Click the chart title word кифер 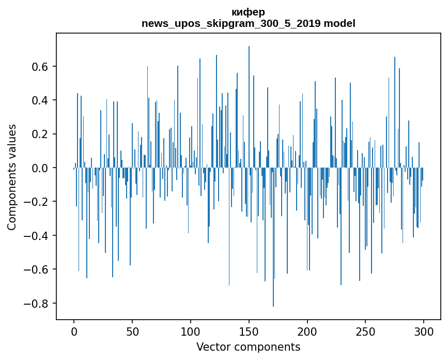tap(248, 12)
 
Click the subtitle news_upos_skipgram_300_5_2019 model tap(248, 23)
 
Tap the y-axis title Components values tap(11, 177)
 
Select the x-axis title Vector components tap(248, 347)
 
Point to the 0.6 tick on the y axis tap(40, 67)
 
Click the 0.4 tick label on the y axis tap(40, 100)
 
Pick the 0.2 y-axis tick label tap(40, 134)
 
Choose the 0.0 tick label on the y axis tap(40, 168)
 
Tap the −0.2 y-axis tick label tap(37, 202)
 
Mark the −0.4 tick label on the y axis tap(37, 236)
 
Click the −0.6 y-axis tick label tap(37, 269)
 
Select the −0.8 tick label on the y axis tap(37, 303)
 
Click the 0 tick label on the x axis tap(74, 330)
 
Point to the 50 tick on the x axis tap(132, 330)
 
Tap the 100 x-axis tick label tap(191, 330)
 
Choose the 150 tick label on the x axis tap(249, 330)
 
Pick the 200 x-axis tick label tap(307, 330)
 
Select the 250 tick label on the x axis tap(365, 330)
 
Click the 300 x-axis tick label tap(424, 330)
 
